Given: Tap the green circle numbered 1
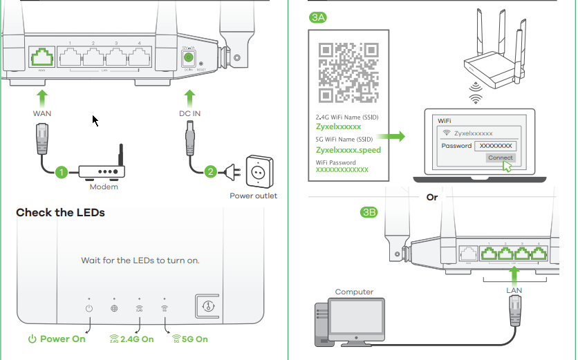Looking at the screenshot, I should pos(62,171).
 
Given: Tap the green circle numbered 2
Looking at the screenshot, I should pos(210,171).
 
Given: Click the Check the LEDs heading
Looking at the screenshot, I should pos(60,213).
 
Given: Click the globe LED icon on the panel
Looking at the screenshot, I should pos(114,308).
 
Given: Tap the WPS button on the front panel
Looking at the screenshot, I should pos(205,305).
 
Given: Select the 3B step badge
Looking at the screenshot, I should pos(369,212).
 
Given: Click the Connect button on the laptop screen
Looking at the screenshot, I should pos(500,158).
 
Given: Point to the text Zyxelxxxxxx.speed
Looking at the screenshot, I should pos(348,150).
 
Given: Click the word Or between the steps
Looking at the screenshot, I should pos(432,198).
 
